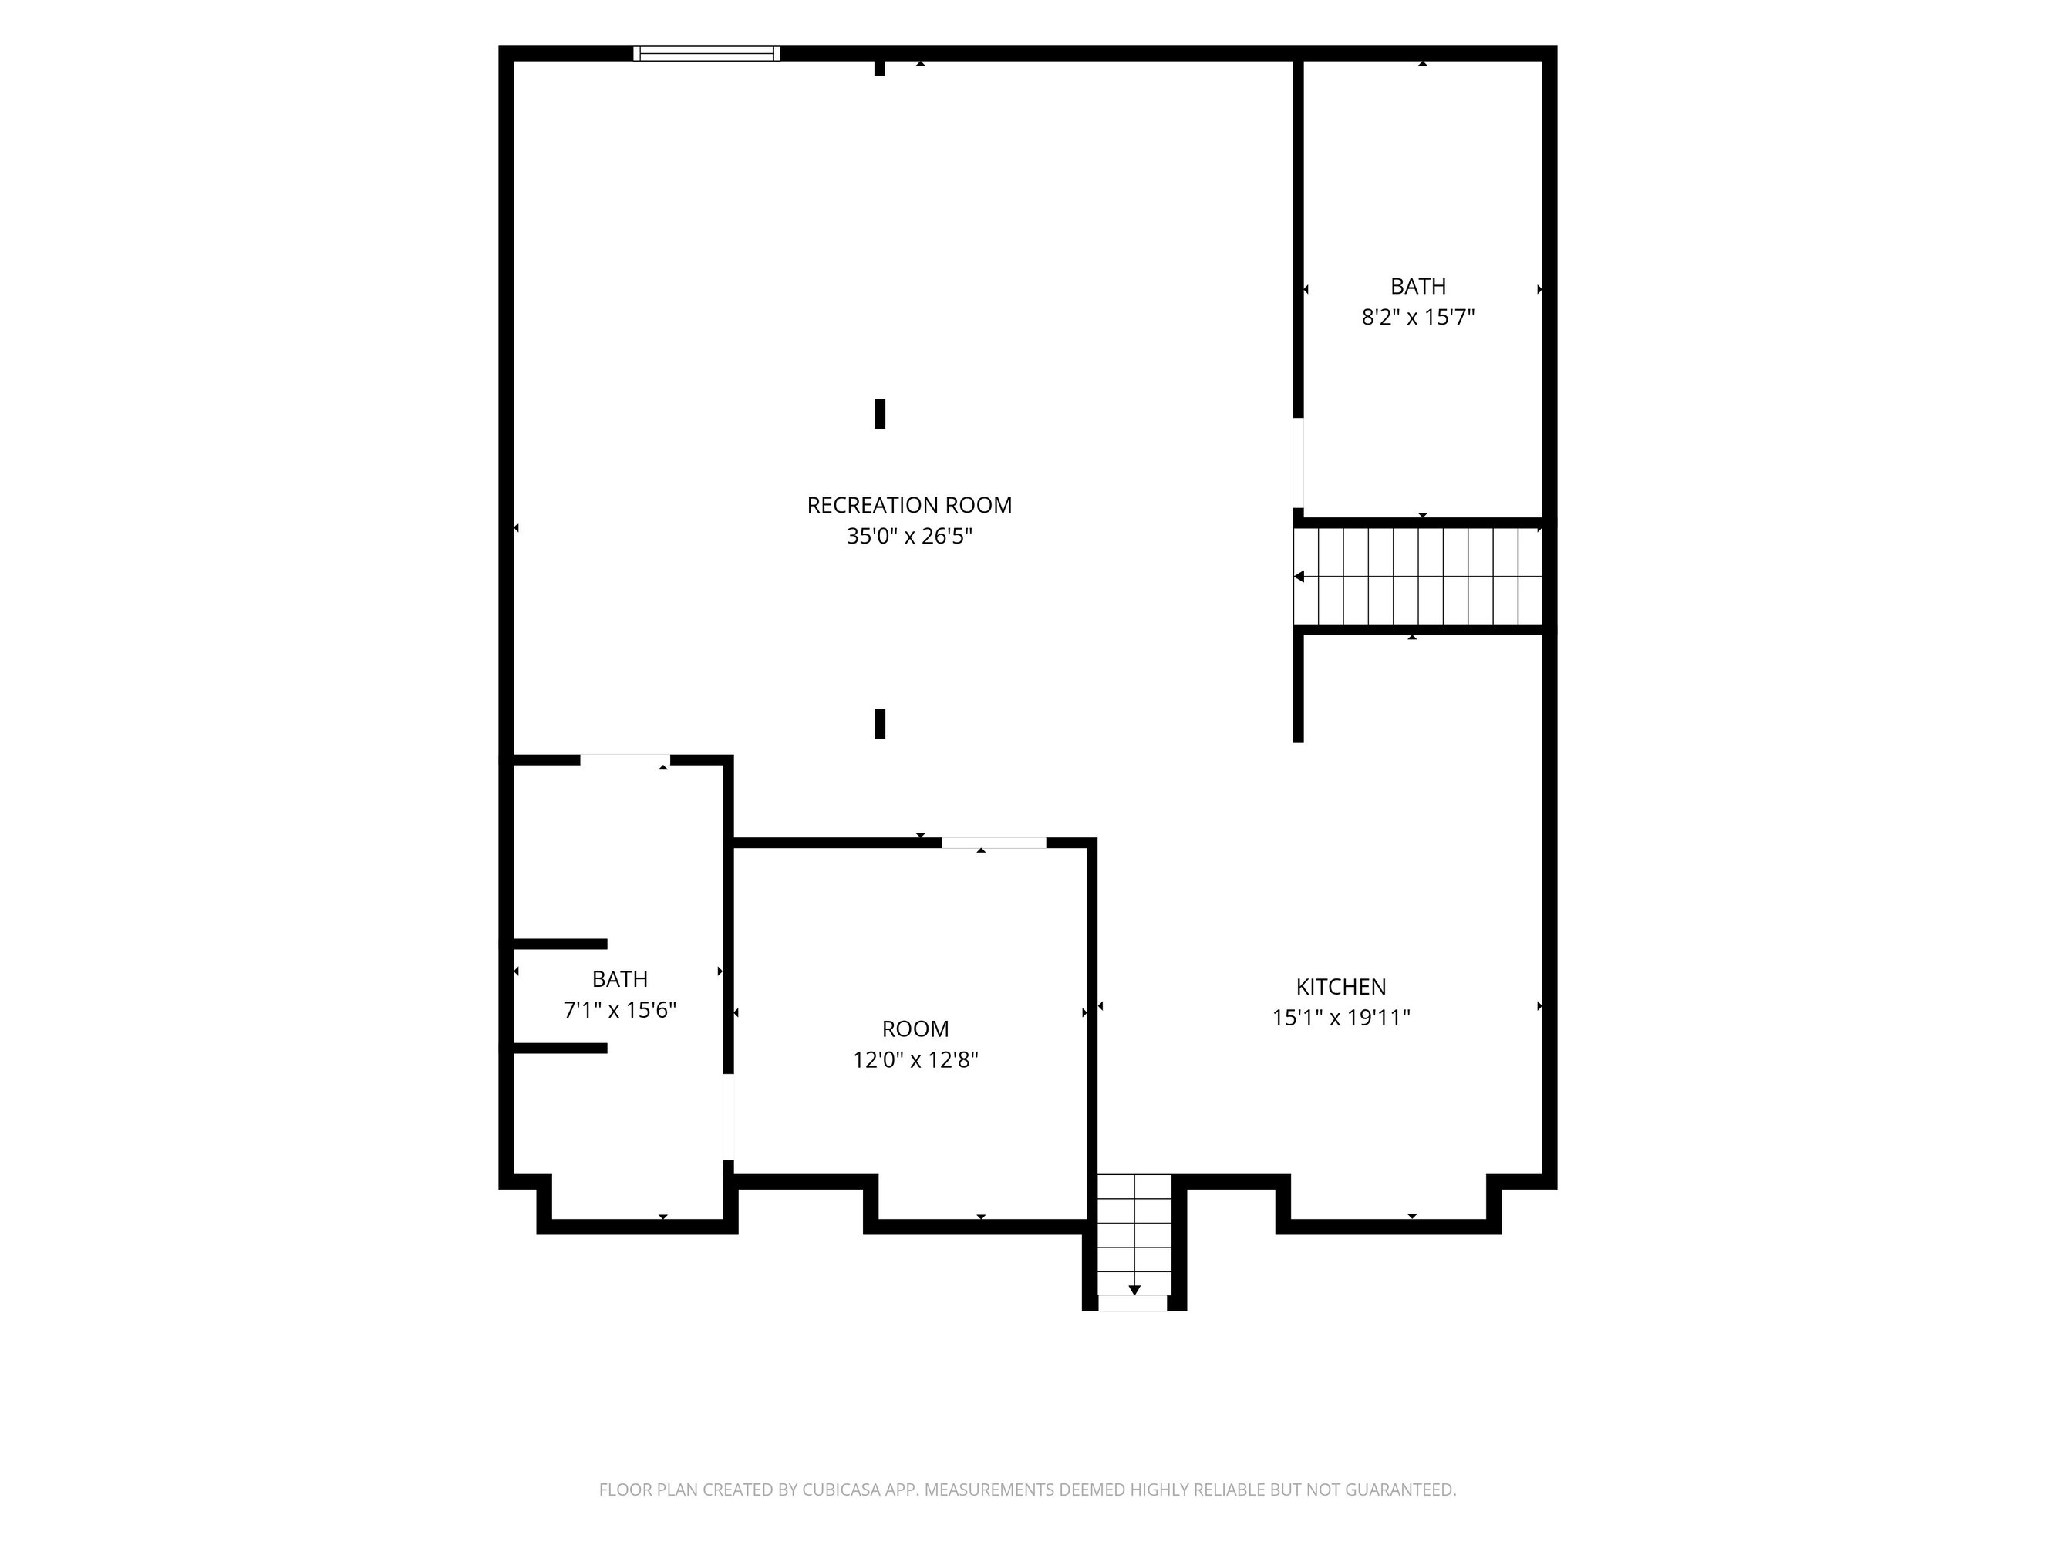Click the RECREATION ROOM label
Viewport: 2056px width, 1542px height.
[909, 505]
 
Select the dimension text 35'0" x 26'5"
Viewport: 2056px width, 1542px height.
[909, 537]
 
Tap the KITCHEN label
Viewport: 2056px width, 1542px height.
[1341, 986]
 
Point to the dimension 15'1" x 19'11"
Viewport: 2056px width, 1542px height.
[1341, 1018]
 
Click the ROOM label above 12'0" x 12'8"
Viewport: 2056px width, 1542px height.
[915, 1029]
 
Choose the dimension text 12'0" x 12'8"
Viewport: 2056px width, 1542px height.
[915, 1059]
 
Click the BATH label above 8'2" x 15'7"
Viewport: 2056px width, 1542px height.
[1418, 286]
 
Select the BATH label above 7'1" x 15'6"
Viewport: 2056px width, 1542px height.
[620, 978]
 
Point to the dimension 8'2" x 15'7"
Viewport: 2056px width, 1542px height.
[1418, 317]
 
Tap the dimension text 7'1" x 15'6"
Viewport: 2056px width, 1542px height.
[620, 1009]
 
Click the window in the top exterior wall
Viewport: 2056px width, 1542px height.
[706, 54]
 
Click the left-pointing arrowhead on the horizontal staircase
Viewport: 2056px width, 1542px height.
[1299, 576]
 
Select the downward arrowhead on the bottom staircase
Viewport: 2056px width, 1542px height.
[1134, 1290]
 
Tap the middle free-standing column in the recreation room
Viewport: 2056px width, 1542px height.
[880, 413]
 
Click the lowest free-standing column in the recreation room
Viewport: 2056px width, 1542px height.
[880, 723]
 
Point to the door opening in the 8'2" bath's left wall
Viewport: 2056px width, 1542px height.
[1299, 463]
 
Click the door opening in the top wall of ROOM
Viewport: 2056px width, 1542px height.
[993, 843]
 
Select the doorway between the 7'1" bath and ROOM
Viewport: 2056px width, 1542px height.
[729, 1117]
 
